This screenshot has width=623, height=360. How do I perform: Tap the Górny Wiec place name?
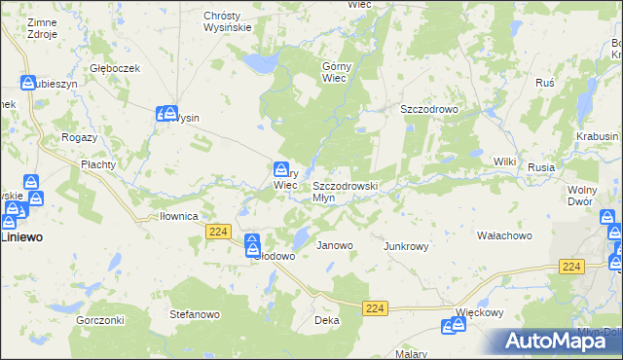click(x=335, y=72)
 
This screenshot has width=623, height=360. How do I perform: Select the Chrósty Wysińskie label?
click(x=228, y=21)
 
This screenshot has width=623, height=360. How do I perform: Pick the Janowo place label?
click(x=335, y=245)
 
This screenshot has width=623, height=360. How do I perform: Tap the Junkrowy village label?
click(x=407, y=246)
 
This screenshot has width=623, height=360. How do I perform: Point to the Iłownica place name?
click(x=179, y=216)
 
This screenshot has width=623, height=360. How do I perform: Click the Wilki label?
click(x=504, y=161)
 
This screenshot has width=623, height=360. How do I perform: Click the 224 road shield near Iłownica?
click(x=218, y=231)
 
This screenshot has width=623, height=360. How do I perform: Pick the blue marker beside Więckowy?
click(x=451, y=326)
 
